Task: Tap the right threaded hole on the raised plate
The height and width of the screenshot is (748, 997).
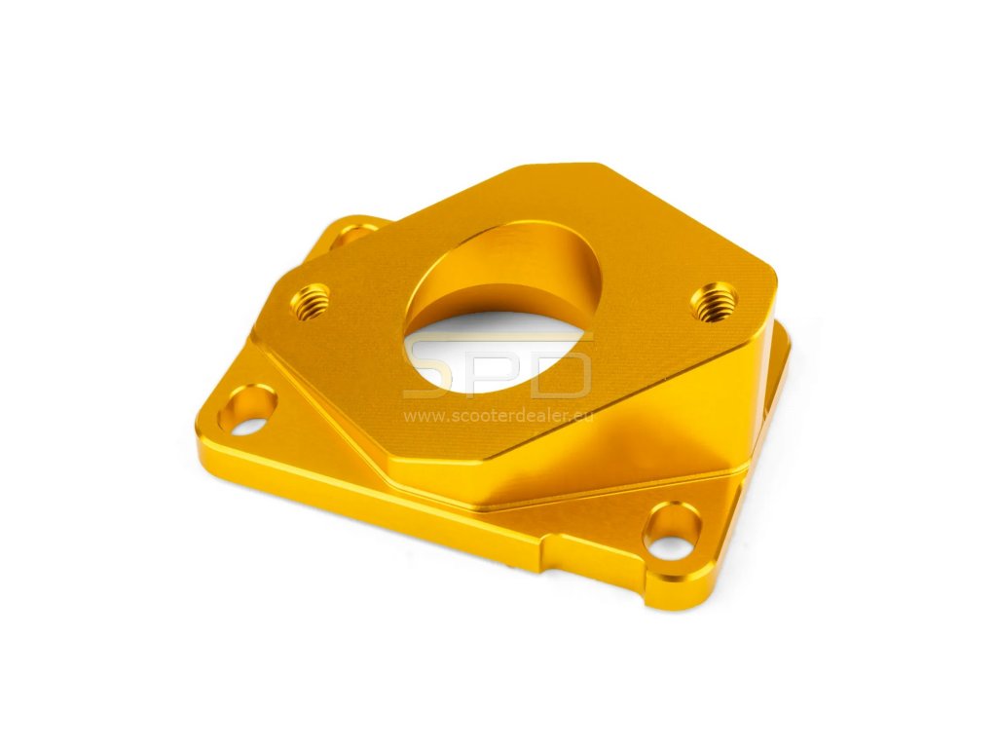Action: click(714, 302)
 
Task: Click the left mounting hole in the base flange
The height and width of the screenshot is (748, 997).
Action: click(247, 410)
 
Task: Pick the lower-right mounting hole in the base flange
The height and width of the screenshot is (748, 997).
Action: click(672, 531)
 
